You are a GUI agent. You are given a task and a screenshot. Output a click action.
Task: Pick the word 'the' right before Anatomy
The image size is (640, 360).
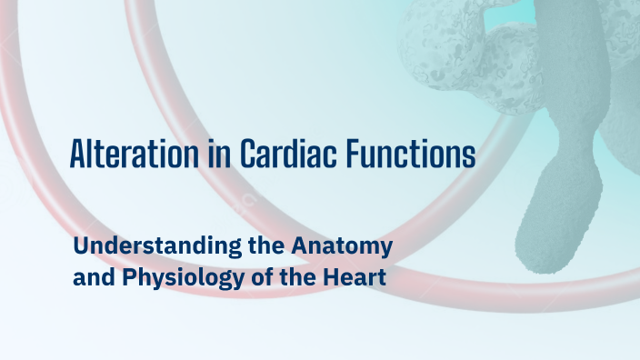pos(252,246)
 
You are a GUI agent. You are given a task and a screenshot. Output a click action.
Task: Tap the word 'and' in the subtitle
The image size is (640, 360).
pos(91,276)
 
